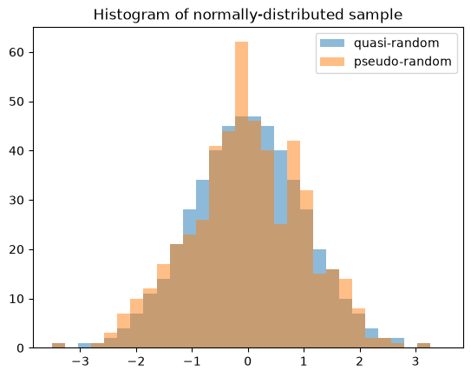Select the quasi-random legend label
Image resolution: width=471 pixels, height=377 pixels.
(396, 43)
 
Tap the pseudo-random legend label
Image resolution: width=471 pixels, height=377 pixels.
(402, 62)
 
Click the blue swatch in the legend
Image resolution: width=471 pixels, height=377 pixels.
(332, 43)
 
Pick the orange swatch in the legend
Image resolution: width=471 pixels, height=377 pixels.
(332, 62)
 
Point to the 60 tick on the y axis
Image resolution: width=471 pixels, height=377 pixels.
(16, 52)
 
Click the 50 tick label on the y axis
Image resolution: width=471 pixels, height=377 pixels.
(16, 102)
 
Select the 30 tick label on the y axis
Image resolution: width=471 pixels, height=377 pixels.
(16, 200)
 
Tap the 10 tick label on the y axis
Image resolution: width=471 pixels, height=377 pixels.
(16, 299)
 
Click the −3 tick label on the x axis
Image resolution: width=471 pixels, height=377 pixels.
(80, 361)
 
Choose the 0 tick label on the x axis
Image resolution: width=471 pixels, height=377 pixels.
(248, 361)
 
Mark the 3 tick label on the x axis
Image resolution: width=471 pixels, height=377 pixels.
(415, 361)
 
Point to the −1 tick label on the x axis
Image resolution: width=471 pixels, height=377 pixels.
(192, 361)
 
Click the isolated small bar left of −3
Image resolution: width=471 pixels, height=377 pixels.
(59, 346)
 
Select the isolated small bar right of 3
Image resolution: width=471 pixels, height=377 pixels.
(423, 346)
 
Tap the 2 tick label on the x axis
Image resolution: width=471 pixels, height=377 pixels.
(360, 361)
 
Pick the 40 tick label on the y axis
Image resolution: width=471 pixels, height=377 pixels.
(16, 151)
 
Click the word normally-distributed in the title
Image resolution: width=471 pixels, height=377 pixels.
(268, 15)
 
